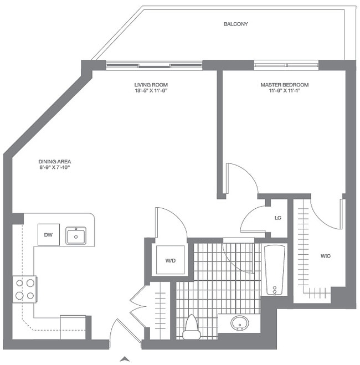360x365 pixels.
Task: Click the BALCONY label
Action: (235, 24)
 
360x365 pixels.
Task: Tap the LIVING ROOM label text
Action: (147, 85)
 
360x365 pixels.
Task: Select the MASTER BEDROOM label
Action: (284, 85)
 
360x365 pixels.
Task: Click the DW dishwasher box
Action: (48, 235)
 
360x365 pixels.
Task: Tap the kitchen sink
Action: (76, 235)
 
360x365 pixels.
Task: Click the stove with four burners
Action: (24, 289)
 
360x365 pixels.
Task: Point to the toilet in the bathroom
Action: (191, 327)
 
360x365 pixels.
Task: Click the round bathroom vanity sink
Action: (239, 322)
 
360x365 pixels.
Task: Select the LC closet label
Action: (278, 218)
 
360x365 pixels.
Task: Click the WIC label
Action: (326, 256)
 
